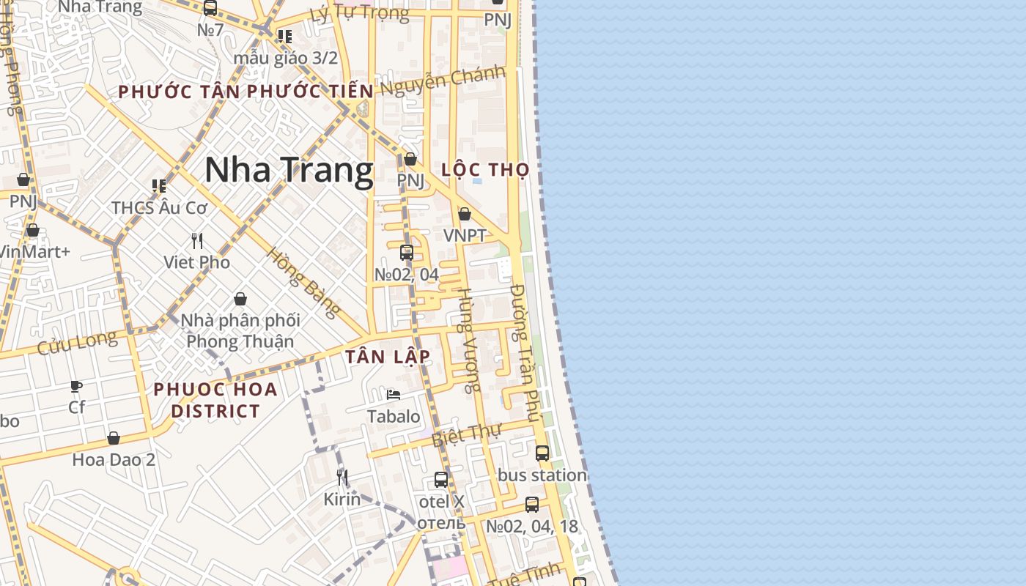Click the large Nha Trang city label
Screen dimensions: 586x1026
(x=289, y=170)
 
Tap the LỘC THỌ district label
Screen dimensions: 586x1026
(x=485, y=170)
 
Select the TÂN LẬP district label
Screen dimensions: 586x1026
(x=388, y=357)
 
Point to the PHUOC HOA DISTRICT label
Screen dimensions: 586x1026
(x=215, y=400)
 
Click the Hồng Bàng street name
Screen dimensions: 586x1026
(x=303, y=282)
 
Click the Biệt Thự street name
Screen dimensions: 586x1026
(x=465, y=435)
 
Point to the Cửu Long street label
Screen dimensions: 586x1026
(x=76, y=342)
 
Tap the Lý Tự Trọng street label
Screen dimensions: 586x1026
(x=359, y=13)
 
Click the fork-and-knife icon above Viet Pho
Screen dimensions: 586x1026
(x=197, y=240)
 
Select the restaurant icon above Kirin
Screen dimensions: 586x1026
(x=342, y=478)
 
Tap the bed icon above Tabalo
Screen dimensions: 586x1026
(x=394, y=395)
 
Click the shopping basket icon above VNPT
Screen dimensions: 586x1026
(x=465, y=214)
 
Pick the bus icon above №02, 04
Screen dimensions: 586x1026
(x=407, y=253)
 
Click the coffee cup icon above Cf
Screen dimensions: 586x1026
(x=76, y=386)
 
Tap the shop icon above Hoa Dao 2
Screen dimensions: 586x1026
(x=114, y=438)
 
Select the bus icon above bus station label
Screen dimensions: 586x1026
(x=542, y=453)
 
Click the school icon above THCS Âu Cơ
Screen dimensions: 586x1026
(x=159, y=186)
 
